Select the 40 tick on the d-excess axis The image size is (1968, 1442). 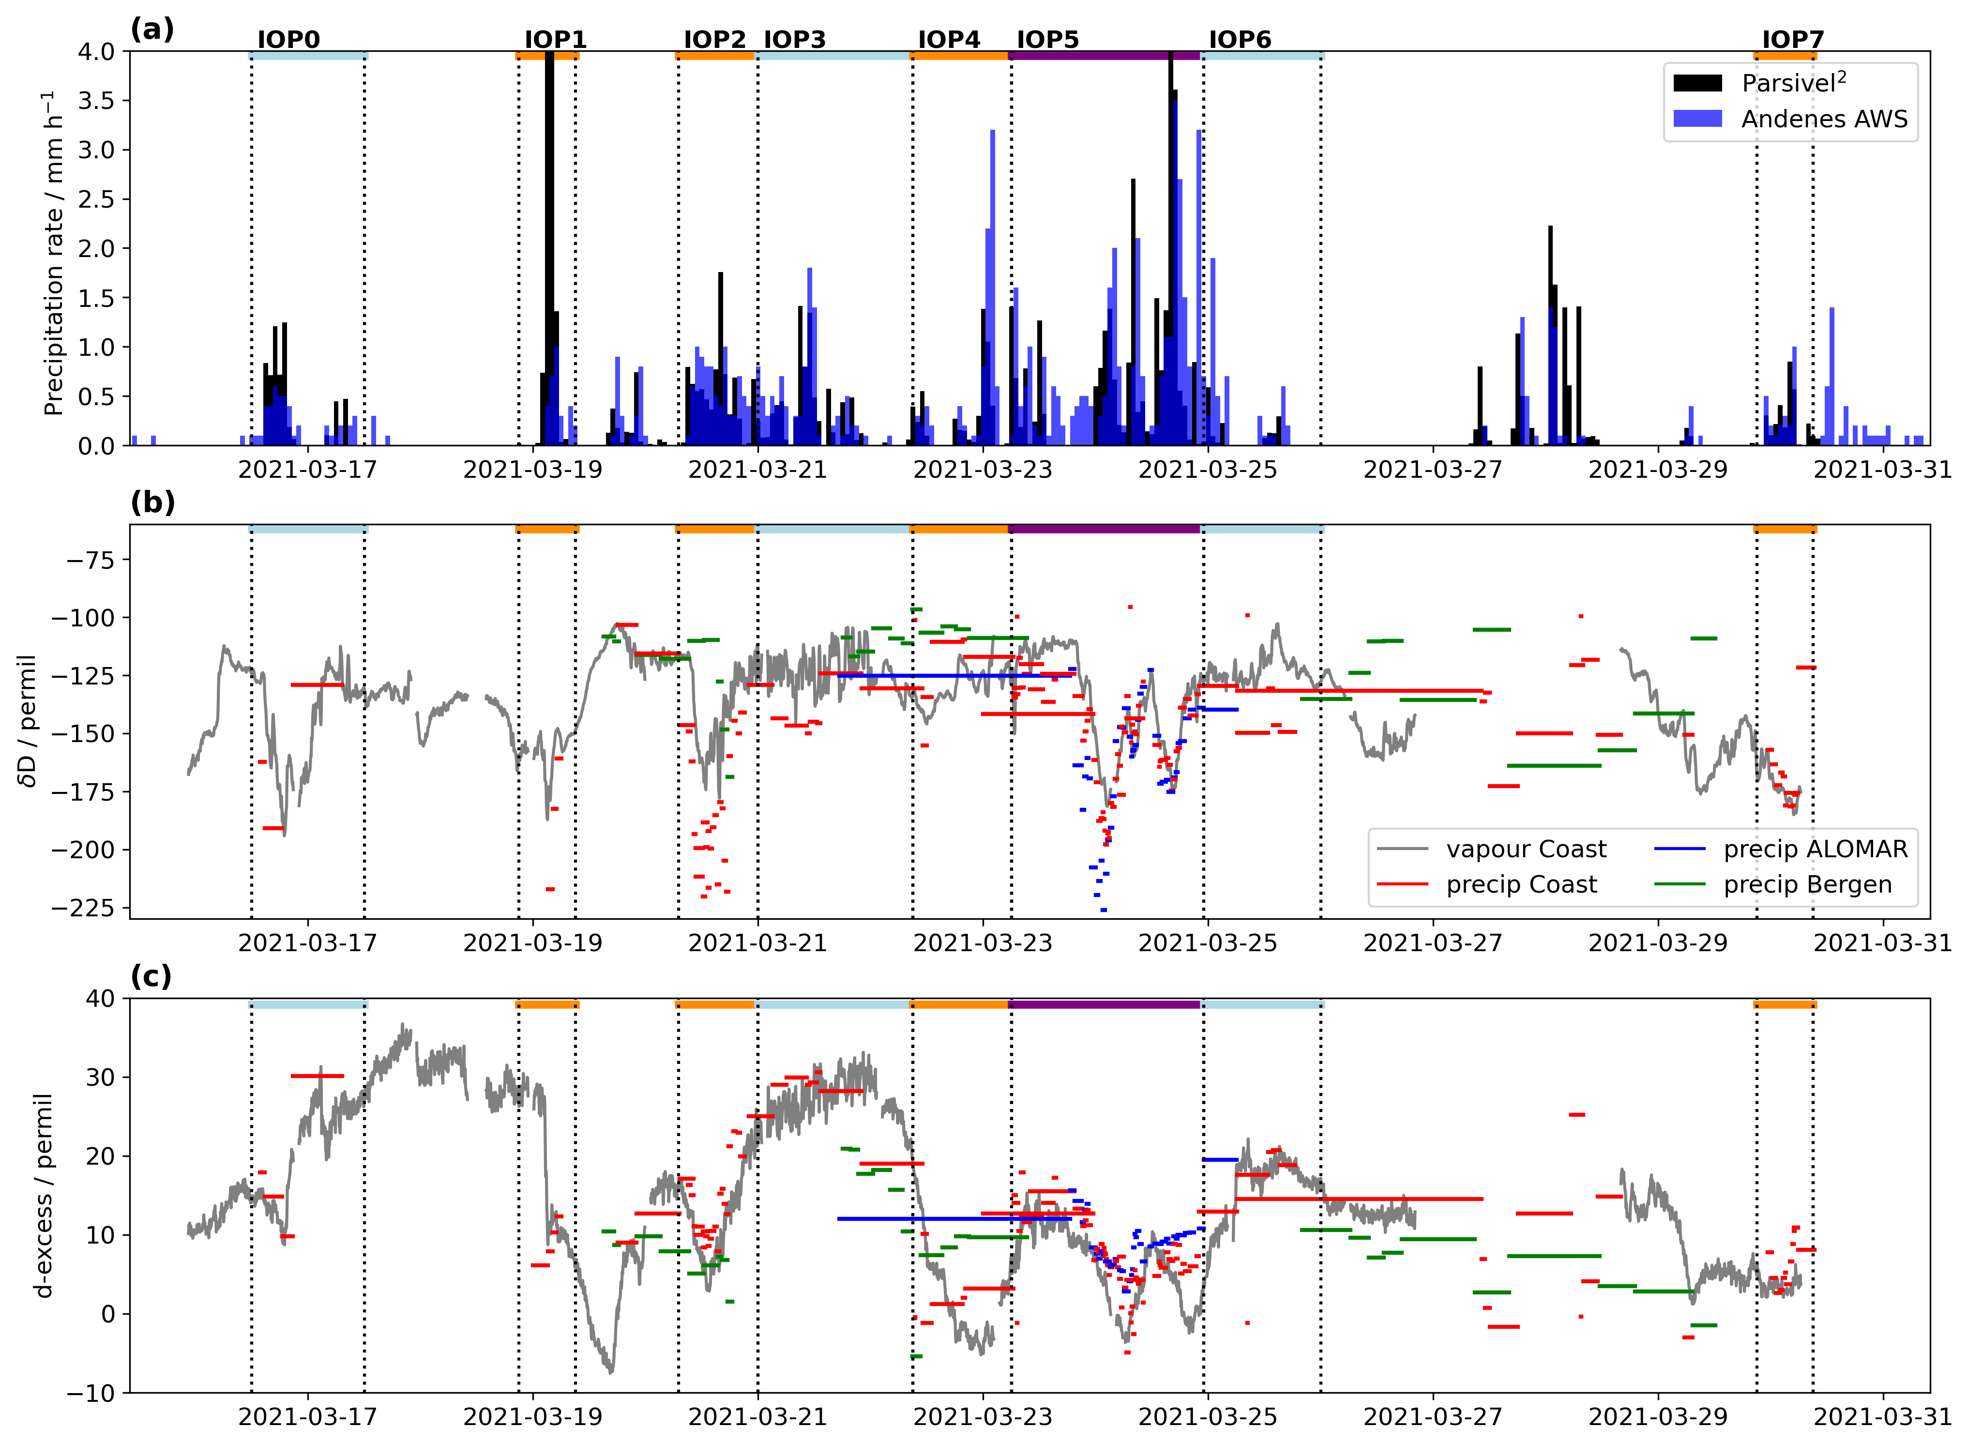tap(103, 999)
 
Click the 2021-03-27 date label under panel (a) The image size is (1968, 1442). tap(1433, 470)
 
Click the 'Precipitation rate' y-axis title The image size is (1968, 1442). tap(54, 253)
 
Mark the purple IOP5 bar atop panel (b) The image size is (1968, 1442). tap(1105, 529)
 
